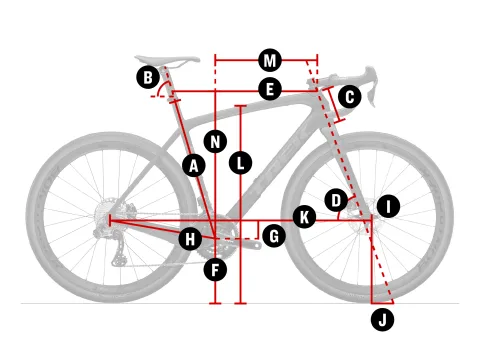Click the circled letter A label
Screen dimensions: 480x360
(194, 165)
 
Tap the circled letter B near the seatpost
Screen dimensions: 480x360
(148, 77)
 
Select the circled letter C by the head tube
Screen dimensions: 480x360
(350, 97)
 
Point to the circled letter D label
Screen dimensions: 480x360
(336, 200)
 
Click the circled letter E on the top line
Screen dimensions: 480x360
(270, 89)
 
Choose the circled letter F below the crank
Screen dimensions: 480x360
(215, 270)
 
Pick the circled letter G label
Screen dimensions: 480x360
(274, 236)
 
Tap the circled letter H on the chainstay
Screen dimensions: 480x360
(190, 239)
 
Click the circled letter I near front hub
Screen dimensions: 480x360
(388, 206)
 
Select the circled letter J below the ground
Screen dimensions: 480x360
(383, 320)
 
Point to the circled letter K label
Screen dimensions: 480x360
(304, 217)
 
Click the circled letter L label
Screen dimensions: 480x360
(240, 163)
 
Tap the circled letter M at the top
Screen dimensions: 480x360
(270, 60)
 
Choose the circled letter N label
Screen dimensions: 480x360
(215, 142)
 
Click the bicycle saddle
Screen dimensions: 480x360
(167, 60)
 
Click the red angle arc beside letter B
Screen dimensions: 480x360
(161, 87)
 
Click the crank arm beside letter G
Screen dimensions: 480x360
(247, 244)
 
